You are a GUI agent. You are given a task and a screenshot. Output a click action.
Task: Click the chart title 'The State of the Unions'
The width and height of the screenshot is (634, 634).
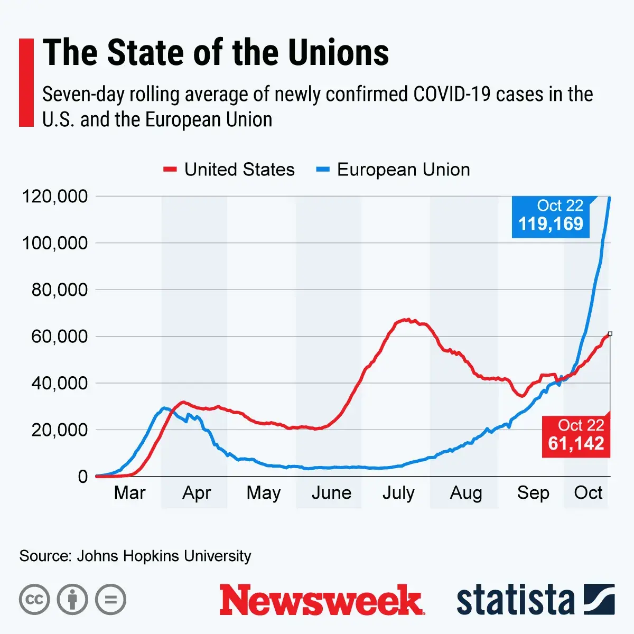[x=216, y=53]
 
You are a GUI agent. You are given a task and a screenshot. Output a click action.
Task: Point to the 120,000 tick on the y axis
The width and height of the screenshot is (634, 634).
[x=54, y=197]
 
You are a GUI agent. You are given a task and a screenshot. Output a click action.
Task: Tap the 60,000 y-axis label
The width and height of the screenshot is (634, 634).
[x=59, y=337]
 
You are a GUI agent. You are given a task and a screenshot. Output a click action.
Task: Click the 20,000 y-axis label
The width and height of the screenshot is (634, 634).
[x=59, y=430]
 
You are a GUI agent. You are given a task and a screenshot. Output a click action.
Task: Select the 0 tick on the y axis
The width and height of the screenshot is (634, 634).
[x=82, y=477]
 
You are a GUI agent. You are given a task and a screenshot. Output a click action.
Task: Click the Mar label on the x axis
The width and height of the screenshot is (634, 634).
[x=129, y=493]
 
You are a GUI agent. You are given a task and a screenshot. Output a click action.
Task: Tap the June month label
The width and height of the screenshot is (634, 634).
[x=331, y=493]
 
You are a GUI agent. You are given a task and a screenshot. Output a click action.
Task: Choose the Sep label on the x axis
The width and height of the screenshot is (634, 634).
[x=533, y=493]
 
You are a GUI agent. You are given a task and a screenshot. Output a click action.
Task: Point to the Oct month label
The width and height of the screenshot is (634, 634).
[x=588, y=493]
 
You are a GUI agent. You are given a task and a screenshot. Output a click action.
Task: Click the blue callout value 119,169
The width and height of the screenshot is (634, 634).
[x=551, y=224]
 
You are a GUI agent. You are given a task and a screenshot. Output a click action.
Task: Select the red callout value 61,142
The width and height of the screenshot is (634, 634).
[x=576, y=443]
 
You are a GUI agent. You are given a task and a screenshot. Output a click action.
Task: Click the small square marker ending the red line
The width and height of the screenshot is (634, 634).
[x=610, y=333]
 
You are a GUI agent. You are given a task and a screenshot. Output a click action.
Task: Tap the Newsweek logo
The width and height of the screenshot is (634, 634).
[x=321, y=600]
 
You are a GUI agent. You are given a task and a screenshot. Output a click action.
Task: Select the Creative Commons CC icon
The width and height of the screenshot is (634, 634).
[x=34, y=600]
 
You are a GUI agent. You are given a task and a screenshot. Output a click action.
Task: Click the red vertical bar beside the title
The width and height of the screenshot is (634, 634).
[x=26, y=82]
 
